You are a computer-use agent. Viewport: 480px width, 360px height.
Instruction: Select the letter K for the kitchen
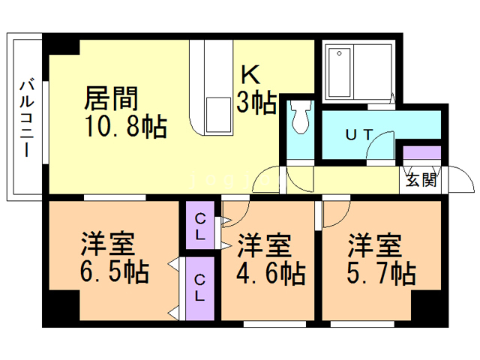pyautogui.click(x=250, y=75)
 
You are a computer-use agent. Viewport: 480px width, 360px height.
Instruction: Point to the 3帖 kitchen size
pyautogui.click(x=256, y=103)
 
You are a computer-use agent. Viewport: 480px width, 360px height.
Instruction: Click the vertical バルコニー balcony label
pyautogui.click(x=25, y=115)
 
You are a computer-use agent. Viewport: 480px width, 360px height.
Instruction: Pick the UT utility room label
pyautogui.click(x=358, y=135)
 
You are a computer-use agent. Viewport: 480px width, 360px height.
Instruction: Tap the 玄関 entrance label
pyautogui.click(x=421, y=180)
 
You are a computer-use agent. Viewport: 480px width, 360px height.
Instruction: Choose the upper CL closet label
pyautogui.click(x=201, y=224)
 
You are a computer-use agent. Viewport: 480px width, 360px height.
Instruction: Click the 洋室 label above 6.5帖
pyautogui.click(x=109, y=244)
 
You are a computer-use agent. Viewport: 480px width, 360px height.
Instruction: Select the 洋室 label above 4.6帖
pyautogui.click(x=265, y=247)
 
